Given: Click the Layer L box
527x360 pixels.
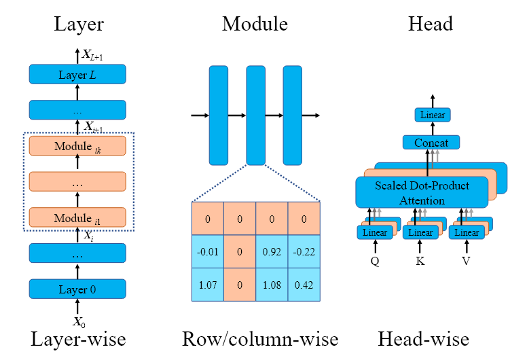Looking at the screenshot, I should pyautogui.click(x=77, y=75).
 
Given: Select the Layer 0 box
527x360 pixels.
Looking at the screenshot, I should pyautogui.click(x=77, y=289).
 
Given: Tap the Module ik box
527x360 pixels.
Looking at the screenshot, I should pyautogui.click(x=77, y=146).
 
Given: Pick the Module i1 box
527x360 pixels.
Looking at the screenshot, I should pyautogui.click(x=77, y=217).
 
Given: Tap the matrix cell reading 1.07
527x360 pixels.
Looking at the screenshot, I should pyautogui.click(x=208, y=283).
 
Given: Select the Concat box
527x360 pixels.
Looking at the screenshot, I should pyautogui.click(x=431, y=143).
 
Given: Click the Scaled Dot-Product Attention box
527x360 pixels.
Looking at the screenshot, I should pyautogui.click(x=422, y=192).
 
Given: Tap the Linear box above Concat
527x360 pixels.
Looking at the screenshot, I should pyautogui.click(x=432, y=115).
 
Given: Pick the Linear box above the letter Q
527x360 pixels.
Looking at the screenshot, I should pyautogui.click(x=375, y=233).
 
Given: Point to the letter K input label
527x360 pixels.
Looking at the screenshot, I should pyautogui.click(x=421, y=260).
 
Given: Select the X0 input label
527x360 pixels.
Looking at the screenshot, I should pyautogui.click(x=77, y=322).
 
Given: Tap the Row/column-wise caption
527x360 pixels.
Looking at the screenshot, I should pyautogui.click(x=260, y=338).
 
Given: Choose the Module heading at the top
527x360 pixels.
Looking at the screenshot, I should pyautogui.click(x=255, y=24).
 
